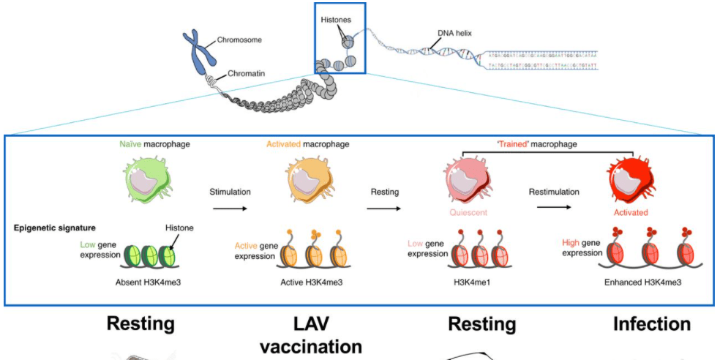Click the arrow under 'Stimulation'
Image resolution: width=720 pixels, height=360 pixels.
(229, 208)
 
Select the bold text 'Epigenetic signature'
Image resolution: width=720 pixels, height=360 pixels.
(54, 228)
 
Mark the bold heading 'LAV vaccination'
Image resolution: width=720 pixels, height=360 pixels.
(310, 334)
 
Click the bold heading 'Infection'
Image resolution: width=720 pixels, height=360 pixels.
(651, 323)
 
